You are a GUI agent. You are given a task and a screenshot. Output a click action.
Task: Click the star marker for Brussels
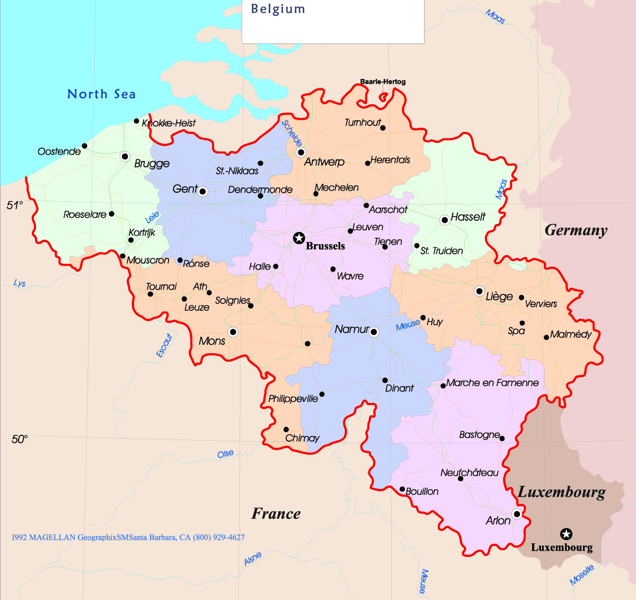point(299,238)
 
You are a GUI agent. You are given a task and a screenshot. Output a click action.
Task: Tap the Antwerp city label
point(324,162)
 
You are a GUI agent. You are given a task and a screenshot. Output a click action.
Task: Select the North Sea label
point(101,94)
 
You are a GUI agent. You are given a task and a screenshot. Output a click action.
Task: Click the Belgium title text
point(278,9)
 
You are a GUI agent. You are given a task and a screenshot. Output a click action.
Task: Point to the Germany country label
point(576,230)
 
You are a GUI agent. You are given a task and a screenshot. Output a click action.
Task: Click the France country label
point(276,514)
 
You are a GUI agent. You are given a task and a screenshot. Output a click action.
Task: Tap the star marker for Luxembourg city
point(566,534)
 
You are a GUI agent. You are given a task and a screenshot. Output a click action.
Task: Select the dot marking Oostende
point(84,146)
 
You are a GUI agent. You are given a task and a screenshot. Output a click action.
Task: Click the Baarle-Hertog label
point(383,82)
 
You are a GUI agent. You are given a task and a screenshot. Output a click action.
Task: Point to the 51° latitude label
point(15,205)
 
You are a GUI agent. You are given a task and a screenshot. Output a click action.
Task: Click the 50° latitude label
point(19,439)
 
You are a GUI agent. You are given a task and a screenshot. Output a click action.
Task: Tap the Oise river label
point(225,454)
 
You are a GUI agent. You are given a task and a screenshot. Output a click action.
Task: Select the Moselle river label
point(581,575)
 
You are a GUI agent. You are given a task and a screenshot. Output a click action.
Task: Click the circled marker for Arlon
point(517,514)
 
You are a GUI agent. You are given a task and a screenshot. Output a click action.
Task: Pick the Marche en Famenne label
point(492,383)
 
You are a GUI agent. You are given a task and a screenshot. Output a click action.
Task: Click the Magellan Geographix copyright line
point(128,537)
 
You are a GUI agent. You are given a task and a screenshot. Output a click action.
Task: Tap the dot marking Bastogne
point(502,438)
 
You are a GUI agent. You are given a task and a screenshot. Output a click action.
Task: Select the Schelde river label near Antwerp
point(291,133)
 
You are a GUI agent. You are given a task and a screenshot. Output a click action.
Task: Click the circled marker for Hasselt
point(445,220)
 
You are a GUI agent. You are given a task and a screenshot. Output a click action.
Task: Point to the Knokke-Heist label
point(169,123)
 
